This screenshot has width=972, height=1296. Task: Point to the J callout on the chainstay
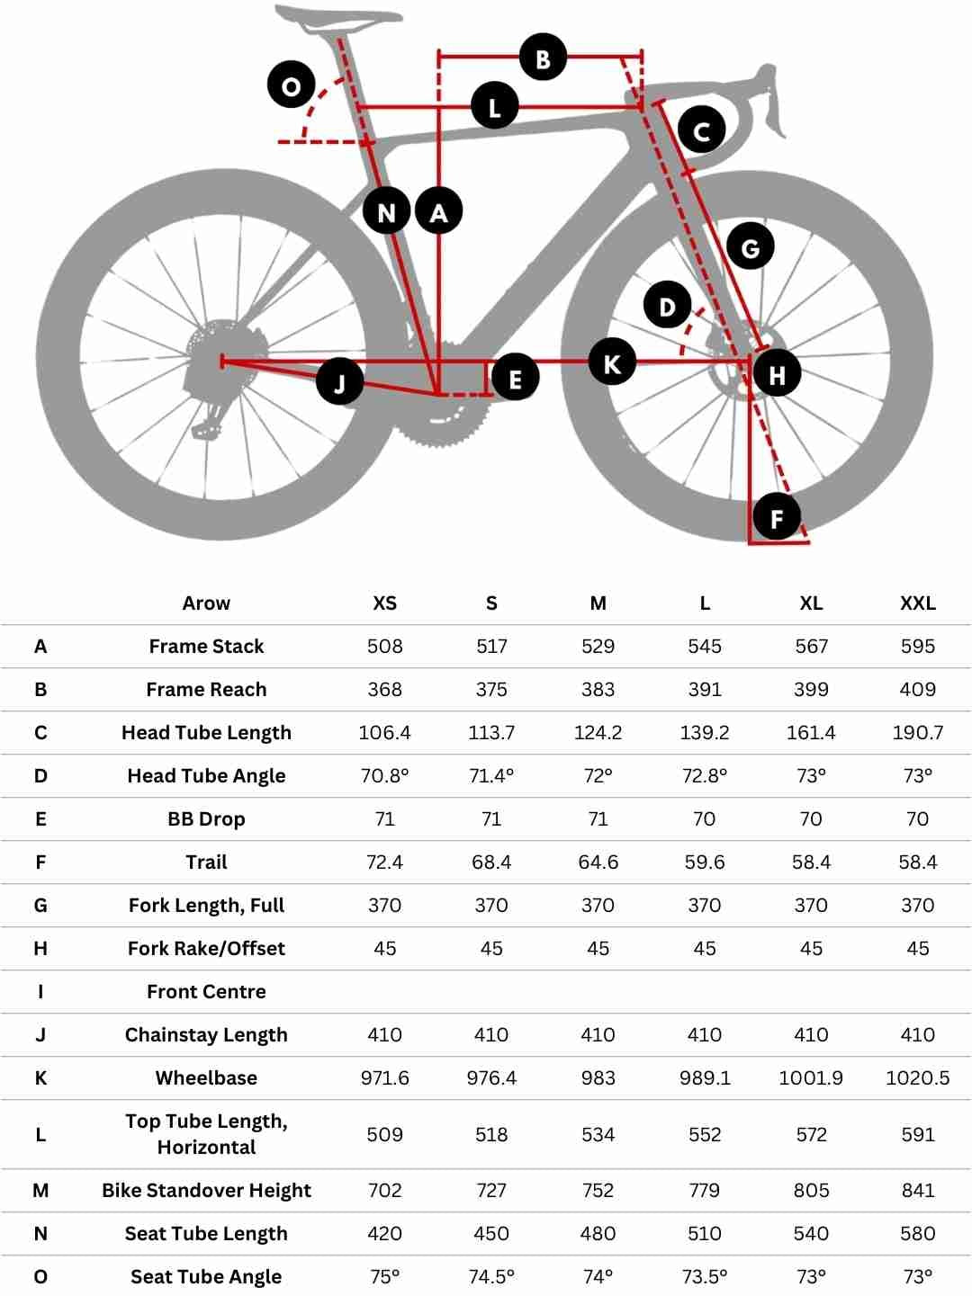pyautogui.click(x=339, y=381)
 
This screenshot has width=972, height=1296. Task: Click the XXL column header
pyautogui.click(x=917, y=603)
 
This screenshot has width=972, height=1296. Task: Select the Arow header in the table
pyautogui.click(x=206, y=603)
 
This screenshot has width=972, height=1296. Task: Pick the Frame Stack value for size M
pyautogui.click(x=598, y=647)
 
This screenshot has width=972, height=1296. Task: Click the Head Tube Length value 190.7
pyautogui.click(x=917, y=733)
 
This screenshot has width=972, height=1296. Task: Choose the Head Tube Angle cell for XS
pyautogui.click(x=384, y=776)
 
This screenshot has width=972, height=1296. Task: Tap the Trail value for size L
pyautogui.click(x=704, y=863)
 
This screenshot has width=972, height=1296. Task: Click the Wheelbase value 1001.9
pyautogui.click(x=810, y=1078)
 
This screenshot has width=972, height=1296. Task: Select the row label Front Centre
pyautogui.click(x=206, y=992)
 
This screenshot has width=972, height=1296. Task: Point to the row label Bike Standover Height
pyautogui.click(x=206, y=1191)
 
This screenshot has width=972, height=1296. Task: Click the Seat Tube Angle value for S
pyautogui.click(x=491, y=1277)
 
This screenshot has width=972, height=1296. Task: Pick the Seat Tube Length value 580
pyautogui.click(x=917, y=1234)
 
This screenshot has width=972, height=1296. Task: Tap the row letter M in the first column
pyautogui.click(x=40, y=1191)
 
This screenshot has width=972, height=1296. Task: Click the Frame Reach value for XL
pyautogui.click(x=810, y=690)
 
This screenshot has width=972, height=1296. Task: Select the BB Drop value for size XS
pyautogui.click(x=384, y=819)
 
